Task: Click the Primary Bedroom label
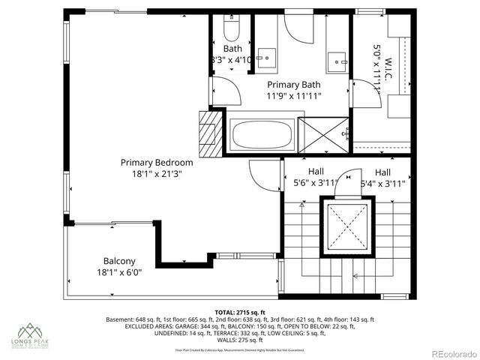coord(157,162)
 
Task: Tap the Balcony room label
coord(115,261)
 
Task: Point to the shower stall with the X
coord(325,136)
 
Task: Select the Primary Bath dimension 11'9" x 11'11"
coord(294,96)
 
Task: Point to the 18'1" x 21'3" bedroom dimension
coord(157,173)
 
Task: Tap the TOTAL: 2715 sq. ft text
coord(240,312)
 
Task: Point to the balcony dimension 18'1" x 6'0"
coord(115,272)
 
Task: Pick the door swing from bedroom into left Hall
coord(264,175)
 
